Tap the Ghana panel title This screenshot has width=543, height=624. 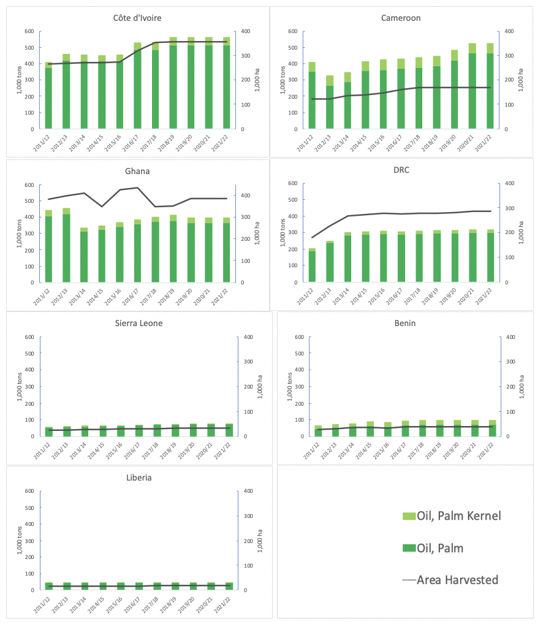(138, 171)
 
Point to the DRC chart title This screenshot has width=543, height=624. (401, 170)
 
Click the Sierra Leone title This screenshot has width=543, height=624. (139, 323)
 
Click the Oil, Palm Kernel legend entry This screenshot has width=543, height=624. (458, 516)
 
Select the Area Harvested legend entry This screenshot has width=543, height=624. (457, 579)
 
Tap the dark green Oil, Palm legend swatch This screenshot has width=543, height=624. (408, 548)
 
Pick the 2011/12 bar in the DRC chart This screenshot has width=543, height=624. (311, 266)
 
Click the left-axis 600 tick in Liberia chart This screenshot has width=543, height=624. (29, 491)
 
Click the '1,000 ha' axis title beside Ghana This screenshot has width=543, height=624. (257, 234)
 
